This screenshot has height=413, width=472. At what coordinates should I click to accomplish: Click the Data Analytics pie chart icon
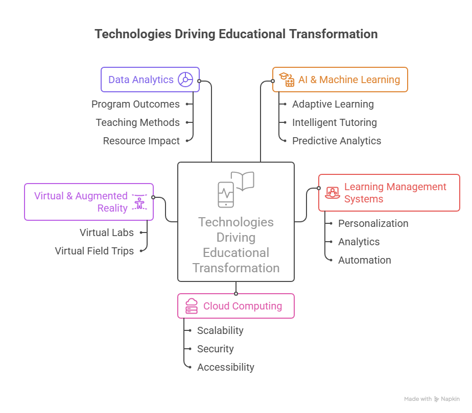pyautogui.click(x=185, y=80)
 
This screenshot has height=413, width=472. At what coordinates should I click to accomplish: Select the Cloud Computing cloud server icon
pyautogui.click(x=192, y=306)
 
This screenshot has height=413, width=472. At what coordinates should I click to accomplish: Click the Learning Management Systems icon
pyautogui.click(x=332, y=193)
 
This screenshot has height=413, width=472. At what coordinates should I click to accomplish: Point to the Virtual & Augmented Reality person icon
pyautogui.click(x=139, y=202)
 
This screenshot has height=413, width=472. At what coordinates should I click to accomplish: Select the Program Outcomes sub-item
pyautogui.click(x=135, y=104)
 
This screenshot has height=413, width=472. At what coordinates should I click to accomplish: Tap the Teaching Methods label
pyautogui.click(x=137, y=122)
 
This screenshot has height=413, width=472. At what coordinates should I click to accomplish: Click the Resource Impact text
pyautogui.click(x=141, y=141)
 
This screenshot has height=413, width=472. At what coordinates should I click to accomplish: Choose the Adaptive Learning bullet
pyautogui.click(x=333, y=104)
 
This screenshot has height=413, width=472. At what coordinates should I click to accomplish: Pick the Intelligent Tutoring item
pyautogui.click(x=334, y=122)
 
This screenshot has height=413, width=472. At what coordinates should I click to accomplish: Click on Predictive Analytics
pyautogui.click(x=336, y=141)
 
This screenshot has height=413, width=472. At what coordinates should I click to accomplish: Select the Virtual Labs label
pyautogui.click(x=106, y=233)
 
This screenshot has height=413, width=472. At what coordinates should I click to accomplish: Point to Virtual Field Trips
pyautogui.click(x=94, y=251)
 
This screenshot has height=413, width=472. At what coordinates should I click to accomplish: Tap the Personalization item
pyautogui.click(x=373, y=223)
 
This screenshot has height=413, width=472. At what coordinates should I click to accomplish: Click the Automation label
pyautogui.click(x=364, y=260)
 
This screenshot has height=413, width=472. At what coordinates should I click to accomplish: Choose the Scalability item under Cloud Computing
pyautogui.click(x=220, y=330)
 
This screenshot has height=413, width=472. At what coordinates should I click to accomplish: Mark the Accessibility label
pyautogui.click(x=225, y=367)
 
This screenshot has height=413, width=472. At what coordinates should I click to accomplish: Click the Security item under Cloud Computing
pyautogui.click(x=215, y=349)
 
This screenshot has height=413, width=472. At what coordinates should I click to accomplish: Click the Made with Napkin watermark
pyautogui.click(x=432, y=399)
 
